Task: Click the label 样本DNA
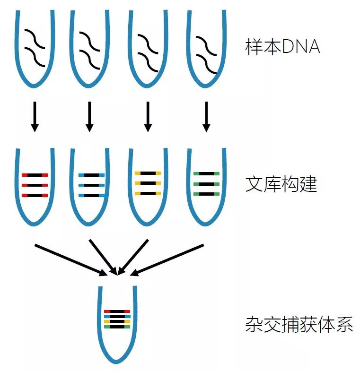coord(282,47)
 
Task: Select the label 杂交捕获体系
coord(299,325)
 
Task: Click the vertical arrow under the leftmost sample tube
coord(35,116)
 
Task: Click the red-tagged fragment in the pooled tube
coord(116,311)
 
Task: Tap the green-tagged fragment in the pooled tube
coord(116,326)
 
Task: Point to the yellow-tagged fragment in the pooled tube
coord(116,321)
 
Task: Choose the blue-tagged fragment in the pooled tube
coord(116,316)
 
